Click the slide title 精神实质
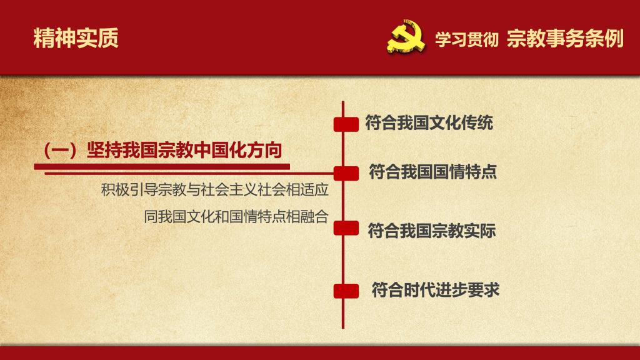(76, 38)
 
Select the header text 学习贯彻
(466, 39)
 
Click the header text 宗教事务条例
(565, 39)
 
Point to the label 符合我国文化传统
(429, 123)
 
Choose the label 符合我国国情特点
(432, 172)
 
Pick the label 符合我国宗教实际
(432, 231)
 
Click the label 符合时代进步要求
(436, 290)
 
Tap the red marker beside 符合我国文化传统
(346, 124)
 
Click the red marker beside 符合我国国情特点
(346, 174)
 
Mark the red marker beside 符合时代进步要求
(346, 291)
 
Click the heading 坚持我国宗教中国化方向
(184, 150)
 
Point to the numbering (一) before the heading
(61, 151)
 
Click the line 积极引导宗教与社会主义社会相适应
(215, 190)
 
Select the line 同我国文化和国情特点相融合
(236, 216)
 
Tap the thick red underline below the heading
(162, 166)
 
